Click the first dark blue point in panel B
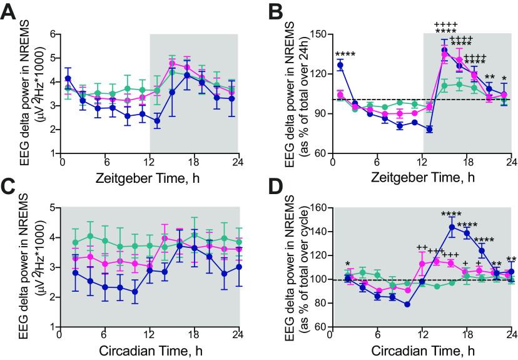323,65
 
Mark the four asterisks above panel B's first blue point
323,54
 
